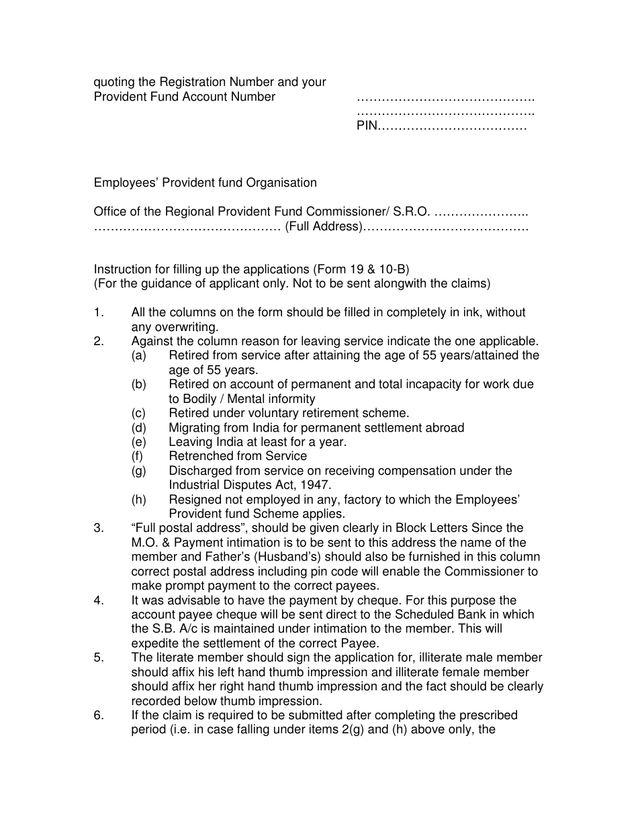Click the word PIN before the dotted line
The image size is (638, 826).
[x=367, y=126]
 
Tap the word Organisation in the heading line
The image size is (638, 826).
[x=281, y=183]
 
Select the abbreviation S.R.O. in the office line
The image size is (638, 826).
[x=411, y=212]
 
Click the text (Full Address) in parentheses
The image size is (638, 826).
[x=324, y=226]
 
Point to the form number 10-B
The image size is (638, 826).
[x=390, y=269]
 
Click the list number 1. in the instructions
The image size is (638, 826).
[x=99, y=312]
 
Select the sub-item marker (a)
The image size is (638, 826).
[x=138, y=355]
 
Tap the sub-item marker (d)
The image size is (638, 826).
[x=138, y=428]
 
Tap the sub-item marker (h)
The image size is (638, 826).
[x=138, y=500]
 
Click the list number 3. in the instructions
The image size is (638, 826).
[x=99, y=528]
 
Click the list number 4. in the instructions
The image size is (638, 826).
[x=99, y=600]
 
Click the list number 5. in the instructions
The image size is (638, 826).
[x=99, y=658]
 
